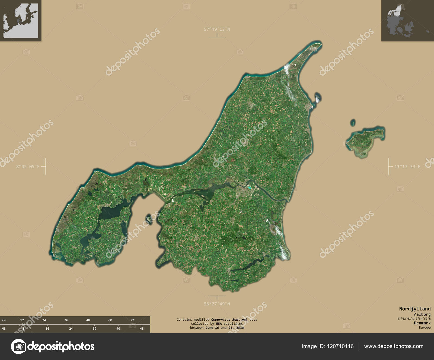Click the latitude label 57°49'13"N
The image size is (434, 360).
click(217, 29)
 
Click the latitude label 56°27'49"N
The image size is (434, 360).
click(217, 304)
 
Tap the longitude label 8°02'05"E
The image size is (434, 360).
click(28, 167)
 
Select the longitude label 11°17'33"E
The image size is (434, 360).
click(407, 167)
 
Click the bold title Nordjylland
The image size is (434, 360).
click(414, 309)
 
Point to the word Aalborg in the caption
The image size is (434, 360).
click(422, 314)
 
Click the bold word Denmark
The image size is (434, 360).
click(422, 323)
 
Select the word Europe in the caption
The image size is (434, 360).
click(424, 327)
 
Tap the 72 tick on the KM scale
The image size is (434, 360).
click(132, 320)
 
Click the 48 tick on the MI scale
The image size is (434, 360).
click(142, 329)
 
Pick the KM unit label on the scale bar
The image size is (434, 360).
click(4, 320)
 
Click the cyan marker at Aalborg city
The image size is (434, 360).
click(250, 187)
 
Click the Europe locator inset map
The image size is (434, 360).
click(21, 21)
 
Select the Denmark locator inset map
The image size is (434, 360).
click(407, 21)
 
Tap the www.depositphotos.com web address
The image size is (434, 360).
click(394, 346)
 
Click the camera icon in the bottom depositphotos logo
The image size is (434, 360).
click(18, 346)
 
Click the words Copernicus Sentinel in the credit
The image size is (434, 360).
click(229, 320)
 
